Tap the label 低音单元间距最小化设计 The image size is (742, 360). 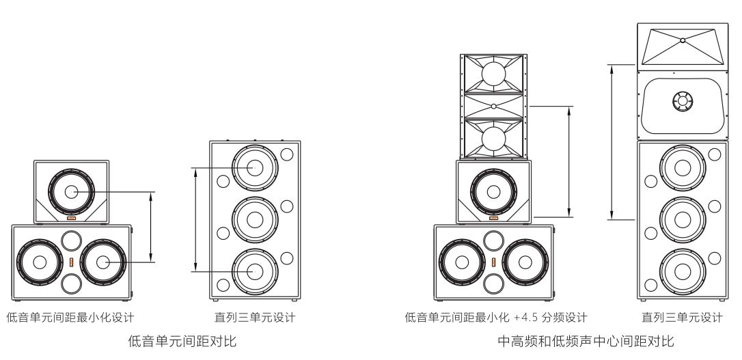[x=70, y=318]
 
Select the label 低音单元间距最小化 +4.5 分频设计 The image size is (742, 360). [x=496, y=318]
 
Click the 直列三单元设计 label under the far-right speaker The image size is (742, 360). [x=682, y=318]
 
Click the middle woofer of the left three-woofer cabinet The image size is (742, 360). [x=255, y=219]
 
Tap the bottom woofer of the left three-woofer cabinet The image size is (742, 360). [x=255, y=271]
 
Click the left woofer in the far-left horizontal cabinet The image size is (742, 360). [x=40, y=262]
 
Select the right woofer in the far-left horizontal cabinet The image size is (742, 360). [x=103, y=262]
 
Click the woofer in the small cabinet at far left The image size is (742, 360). [x=72, y=192]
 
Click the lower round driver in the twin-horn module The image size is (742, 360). [x=493, y=138]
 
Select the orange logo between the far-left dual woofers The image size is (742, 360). [x=72, y=262]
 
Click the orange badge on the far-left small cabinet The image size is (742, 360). [x=71, y=219]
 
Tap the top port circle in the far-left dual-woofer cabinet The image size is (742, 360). [x=71, y=240]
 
